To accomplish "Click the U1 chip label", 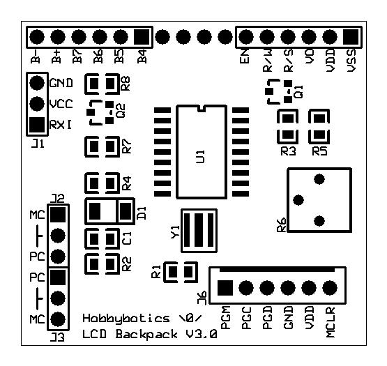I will click(202, 155).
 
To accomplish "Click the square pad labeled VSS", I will click(350, 36).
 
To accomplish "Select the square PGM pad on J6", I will click(225, 287).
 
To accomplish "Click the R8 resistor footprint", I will click(102, 85).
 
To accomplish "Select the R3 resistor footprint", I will click(287, 125).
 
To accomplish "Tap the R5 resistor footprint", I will click(319, 125).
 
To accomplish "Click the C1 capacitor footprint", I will click(102, 238).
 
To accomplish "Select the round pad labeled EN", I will click(245, 36).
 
